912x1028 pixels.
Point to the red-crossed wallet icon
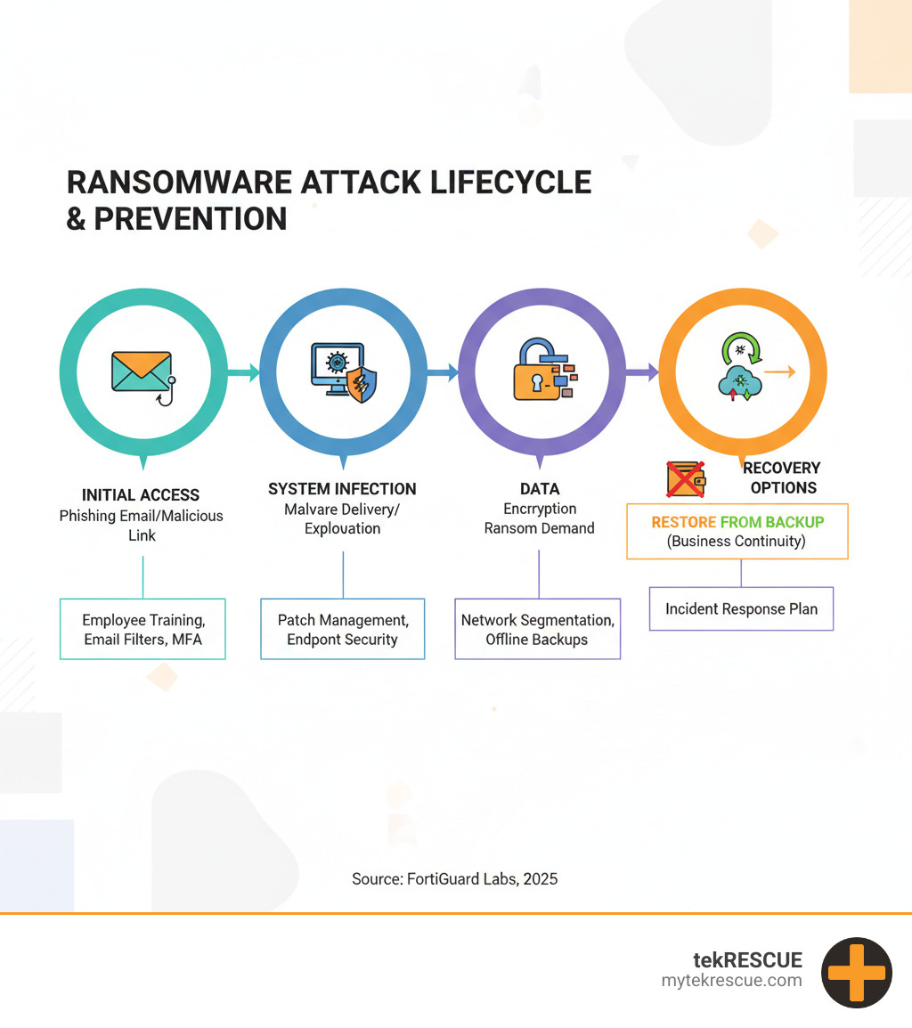pyautogui.click(x=686, y=479)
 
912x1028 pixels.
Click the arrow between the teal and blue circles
pyautogui.click(x=244, y=372)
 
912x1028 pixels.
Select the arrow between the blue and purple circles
pyautogui.click(x=444, y=372)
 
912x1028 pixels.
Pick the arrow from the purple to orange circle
pyautogui.click(x=642, y=372)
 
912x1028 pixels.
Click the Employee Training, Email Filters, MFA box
pyautogui.click(x=142, y=629)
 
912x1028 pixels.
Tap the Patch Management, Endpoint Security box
pyautogui.click(x=343, y=629)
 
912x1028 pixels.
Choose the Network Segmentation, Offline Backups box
pyautogui.click(x=538, y=629)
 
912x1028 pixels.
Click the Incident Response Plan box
pyautogui.click(x=742, y=609)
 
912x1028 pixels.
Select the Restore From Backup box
pyautogui.click(x=737, y=532)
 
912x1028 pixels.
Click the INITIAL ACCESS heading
pyautogui.click(x=141, y=495)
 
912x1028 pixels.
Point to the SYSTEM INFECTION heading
pyautogui.click(x=342, y=489)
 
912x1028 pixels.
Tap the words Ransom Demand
pyautogui.click(x=540, y=528)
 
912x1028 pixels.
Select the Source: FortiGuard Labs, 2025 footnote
pyautogui.click(x=455, y=879)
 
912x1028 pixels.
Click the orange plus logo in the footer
pyautogui.click(x=857, y=973)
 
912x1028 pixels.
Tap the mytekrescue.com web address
pyautogui.click(x=732, y=981)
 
